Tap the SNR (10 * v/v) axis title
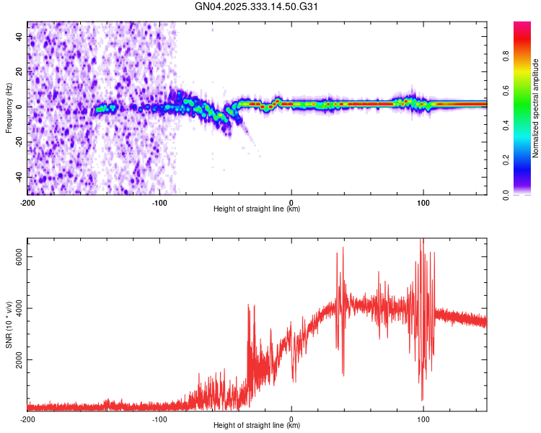[x=9, y=325]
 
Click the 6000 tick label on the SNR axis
[x=16, y=257]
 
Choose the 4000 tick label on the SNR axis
[x=16, y=308]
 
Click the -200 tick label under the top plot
[x=27, y=202]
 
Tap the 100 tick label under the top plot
[x=423, y=202]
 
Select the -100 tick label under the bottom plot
[x=159, y=419]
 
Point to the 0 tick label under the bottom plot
[x=291, y=419]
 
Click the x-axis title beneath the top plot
[x=257, y=210]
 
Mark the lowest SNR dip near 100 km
[x=422, y=400]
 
